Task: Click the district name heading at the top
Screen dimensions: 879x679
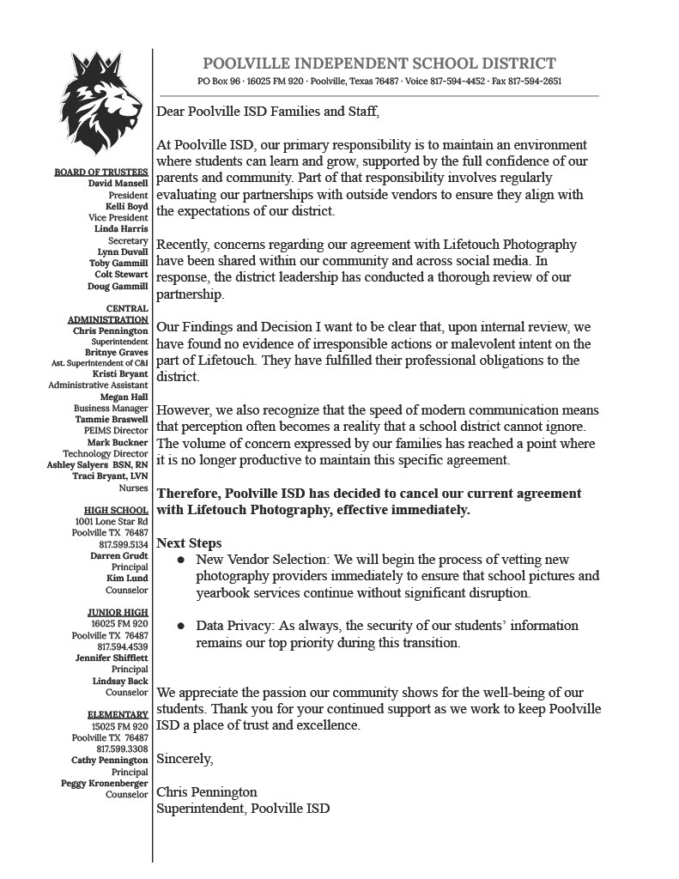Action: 379,64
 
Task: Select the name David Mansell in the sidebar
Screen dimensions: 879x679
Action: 118,183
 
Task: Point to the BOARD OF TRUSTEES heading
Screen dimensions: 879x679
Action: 101,172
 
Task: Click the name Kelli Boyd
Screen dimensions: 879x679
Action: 127,206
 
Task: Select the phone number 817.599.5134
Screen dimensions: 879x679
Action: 124,544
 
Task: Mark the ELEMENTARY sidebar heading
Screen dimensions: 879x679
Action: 118,714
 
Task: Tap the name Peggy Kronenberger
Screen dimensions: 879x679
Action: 105,783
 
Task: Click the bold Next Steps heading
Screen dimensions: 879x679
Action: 189,543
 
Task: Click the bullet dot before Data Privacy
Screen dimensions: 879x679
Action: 181,626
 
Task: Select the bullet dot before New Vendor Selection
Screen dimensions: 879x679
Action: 181,560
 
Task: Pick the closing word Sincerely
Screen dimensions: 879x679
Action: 185,760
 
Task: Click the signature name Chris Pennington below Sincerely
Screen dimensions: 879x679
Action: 207,792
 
